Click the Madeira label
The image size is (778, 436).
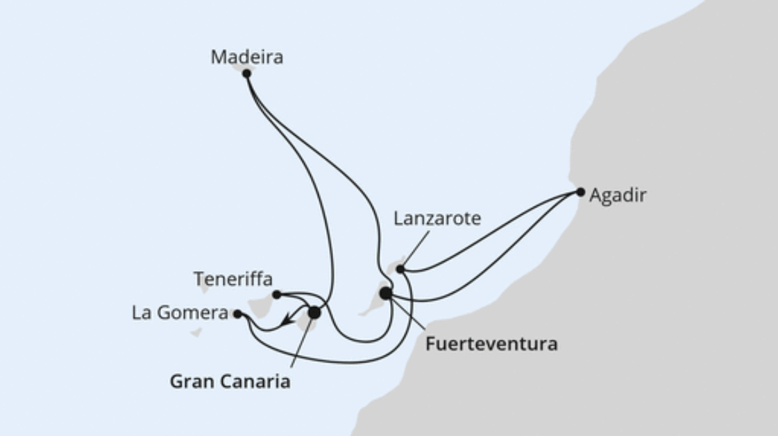(x=246, y=57)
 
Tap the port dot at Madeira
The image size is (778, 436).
(x=246, y=73)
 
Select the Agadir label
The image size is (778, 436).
(x=617, y=195)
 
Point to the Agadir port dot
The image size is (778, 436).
(x=580, y=192)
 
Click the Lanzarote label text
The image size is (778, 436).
(x=437, y=219)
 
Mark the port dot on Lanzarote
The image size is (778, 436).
(x=400, y=269)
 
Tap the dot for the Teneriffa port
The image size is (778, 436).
(x=276, y=295)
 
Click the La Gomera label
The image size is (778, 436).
(x=180, y=313)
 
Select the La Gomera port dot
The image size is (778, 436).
(x=237, y=314)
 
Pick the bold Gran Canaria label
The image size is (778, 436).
(x=230, y=381)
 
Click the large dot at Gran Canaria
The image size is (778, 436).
(x=314, y=313)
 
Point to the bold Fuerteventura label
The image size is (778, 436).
(x=491, y=343)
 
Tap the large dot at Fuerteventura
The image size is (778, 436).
(x=385, y=293)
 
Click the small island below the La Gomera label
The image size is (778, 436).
(x=196, y=333)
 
